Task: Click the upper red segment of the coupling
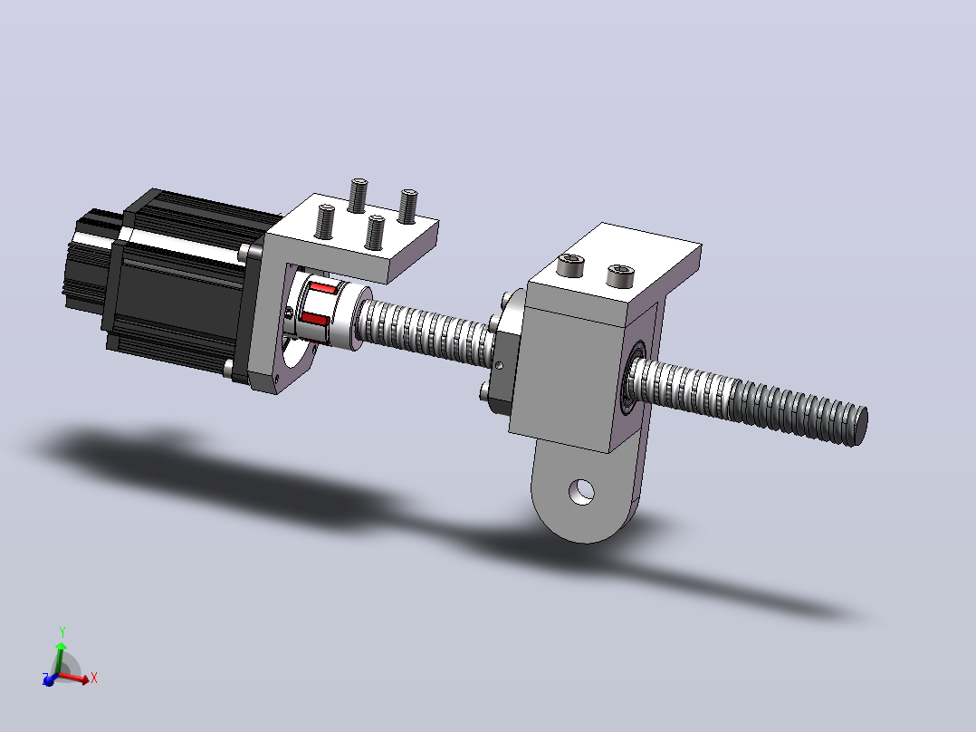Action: click(x=324, y=290)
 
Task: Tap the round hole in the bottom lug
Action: click(x=581, y=492)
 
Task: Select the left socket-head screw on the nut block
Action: click(x=570, y=265)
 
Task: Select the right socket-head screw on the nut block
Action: click(x=620, y=275)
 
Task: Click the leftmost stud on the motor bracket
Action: click(x=326, y=222)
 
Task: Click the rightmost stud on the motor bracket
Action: click(x=407, y=207)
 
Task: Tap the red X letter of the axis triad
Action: click(x=94, y=678)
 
